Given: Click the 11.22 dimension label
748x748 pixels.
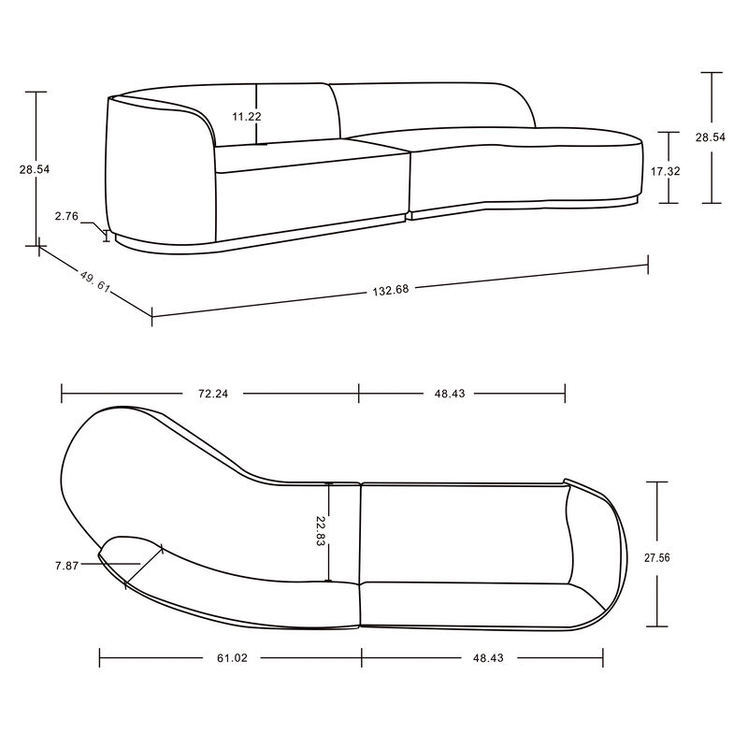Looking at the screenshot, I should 247,117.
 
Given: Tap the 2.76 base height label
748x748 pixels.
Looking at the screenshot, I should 65,216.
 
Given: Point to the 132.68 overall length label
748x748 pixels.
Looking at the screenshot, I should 390,288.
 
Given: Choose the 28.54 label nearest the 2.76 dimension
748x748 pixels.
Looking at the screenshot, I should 35,170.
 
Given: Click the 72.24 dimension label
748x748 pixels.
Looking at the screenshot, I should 209,394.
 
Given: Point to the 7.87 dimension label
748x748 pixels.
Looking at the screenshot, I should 68,565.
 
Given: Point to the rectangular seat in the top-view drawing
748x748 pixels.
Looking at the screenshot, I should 463,533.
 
